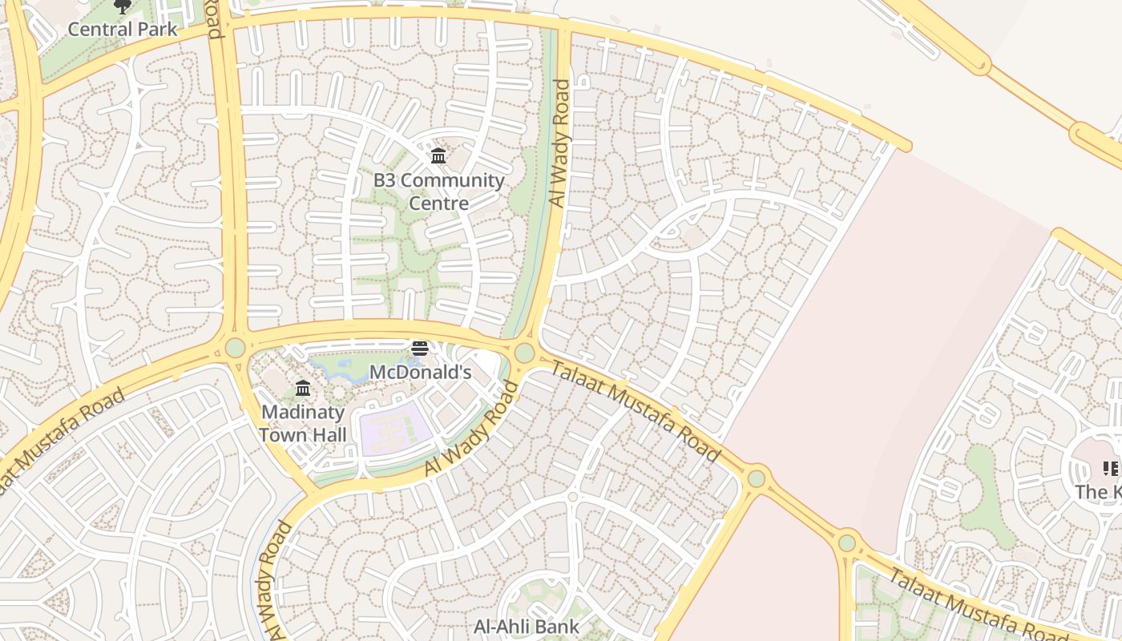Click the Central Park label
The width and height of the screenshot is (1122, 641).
122,30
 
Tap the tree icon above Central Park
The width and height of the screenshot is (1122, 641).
122,7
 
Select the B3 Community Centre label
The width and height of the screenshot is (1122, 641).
438,191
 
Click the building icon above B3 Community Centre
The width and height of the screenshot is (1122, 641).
438,155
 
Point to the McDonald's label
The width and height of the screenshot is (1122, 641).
420,373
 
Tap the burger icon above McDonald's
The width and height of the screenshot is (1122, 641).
420,349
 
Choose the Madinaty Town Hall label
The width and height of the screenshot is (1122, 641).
303,423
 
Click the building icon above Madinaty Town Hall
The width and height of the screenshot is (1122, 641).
303,389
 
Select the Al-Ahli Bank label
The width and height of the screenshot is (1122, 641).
526,626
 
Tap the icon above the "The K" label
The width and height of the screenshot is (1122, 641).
1110,469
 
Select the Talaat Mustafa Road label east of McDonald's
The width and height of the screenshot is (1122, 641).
636,410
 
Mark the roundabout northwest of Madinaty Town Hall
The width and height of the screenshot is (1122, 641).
235,348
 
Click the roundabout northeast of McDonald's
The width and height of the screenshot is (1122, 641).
524,353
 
